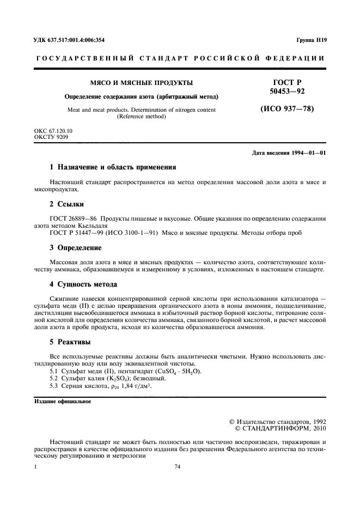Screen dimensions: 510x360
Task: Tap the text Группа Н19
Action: pos(311,40)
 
